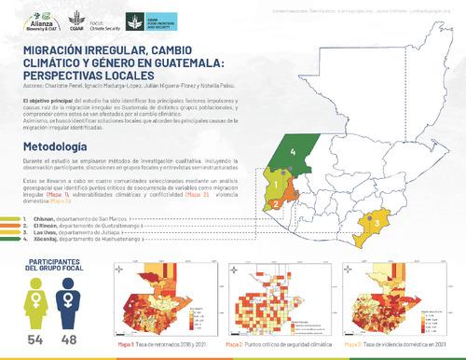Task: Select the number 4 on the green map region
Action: [294, 151]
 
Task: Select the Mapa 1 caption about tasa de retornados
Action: [167, 342]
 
